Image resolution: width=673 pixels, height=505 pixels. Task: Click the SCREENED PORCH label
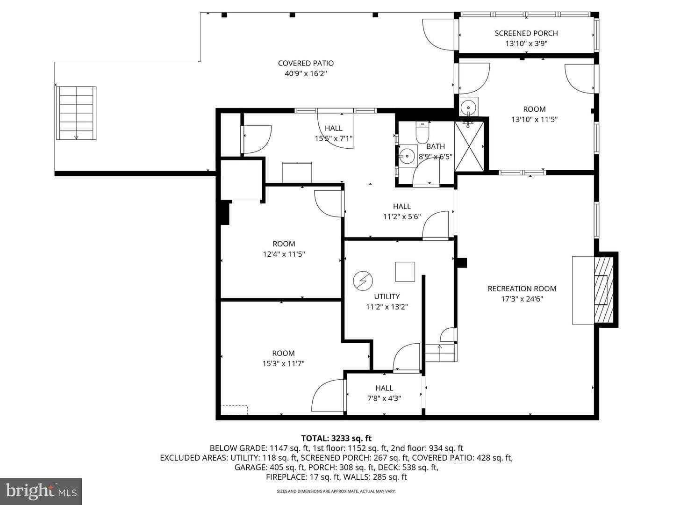[526, 33]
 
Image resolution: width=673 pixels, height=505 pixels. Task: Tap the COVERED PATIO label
[306, 63]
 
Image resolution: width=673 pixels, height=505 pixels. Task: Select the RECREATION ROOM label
[522, 289]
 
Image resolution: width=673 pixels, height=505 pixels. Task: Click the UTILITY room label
[387, 296]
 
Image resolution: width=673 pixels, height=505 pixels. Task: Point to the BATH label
[436, 146]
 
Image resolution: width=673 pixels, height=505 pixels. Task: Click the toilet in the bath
[422, 131]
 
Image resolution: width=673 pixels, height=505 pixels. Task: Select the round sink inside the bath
[408, 155]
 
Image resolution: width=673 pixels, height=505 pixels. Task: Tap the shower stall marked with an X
[469, 146]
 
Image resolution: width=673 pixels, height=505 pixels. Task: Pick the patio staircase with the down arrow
[76, 113]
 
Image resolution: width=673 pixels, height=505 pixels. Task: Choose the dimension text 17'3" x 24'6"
[522, 299]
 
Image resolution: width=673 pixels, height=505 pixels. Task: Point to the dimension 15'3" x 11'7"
[283, 364]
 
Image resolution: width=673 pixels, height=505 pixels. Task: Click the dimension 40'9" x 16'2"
[306, 73]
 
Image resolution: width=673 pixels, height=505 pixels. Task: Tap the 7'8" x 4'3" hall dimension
[384, 398]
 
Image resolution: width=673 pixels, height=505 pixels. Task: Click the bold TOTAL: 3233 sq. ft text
[336, 438]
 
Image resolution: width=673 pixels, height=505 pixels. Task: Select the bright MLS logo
[41, 492]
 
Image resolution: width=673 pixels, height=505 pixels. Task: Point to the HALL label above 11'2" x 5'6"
[401, 206]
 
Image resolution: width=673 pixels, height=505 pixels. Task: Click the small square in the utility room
[405, 272]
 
